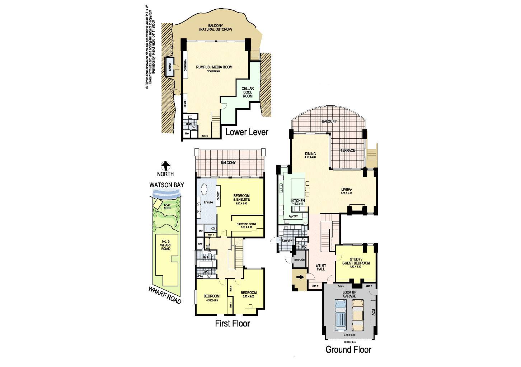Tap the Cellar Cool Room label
pos(247,92)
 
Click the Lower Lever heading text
pos(247,132)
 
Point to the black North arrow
pos(165,166)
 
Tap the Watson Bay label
pos(166,185)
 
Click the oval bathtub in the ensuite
pos(204,190)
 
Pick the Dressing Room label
pos(247,224)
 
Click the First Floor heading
pos(232,324)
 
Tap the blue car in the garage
pos(340,315)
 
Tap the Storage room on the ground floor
pos(299,259)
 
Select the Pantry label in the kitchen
pos(293,216)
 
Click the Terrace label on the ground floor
pos(348,150)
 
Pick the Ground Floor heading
pos(348,349)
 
